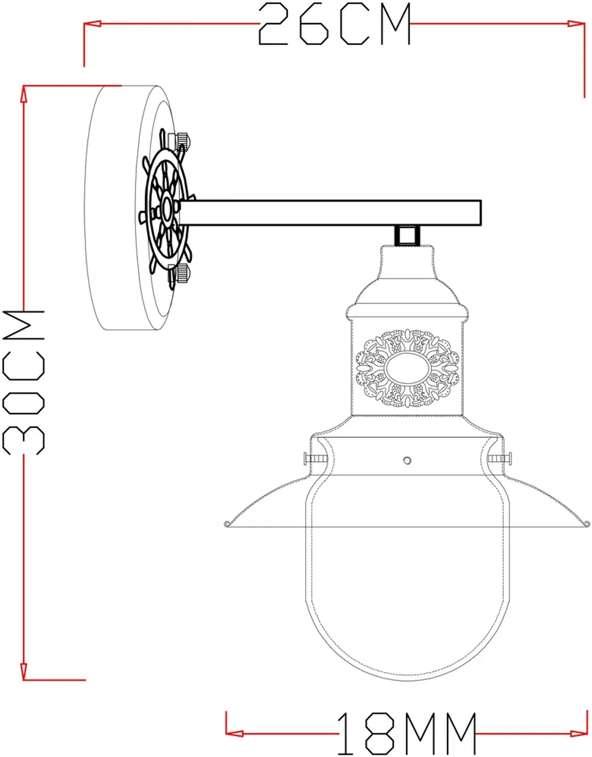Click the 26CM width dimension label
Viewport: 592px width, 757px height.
point(334,24)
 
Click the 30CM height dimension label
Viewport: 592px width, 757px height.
point(24,382)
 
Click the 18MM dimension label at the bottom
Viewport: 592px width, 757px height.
point(407,734)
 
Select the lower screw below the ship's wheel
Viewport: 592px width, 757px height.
point(182,275)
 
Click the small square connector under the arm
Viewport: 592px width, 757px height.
point(406,235)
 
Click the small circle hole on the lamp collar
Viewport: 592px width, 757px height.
point(407,460)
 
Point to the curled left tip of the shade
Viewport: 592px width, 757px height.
point(227,522)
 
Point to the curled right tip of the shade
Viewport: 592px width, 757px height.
point(587,522)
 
